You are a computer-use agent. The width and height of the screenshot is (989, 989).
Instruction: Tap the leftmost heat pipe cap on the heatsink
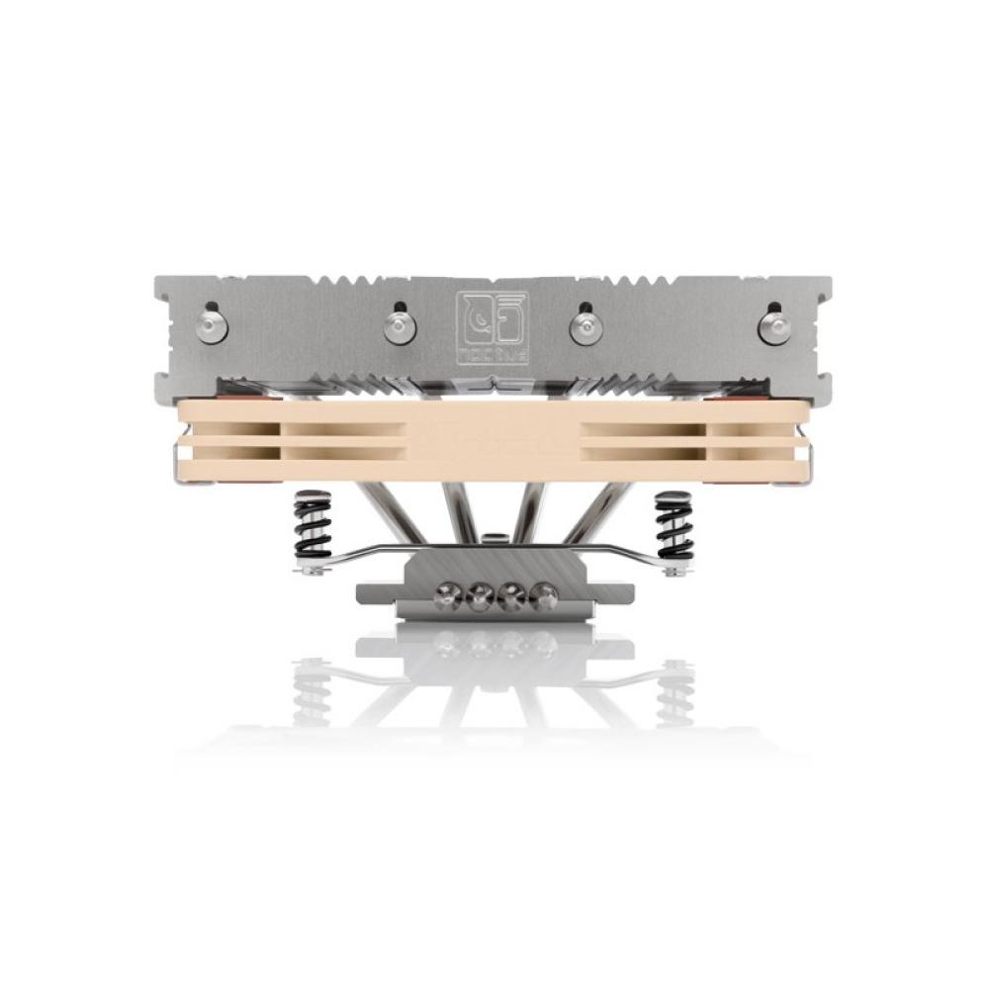point(213,327)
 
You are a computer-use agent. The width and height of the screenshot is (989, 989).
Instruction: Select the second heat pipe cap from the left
point(399,326)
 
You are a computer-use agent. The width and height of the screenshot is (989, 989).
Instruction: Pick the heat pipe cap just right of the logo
point(584,327)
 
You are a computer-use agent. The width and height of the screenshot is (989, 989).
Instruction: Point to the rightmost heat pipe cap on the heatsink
point(773,327)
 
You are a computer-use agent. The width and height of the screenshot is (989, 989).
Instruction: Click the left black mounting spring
point(312,530)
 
